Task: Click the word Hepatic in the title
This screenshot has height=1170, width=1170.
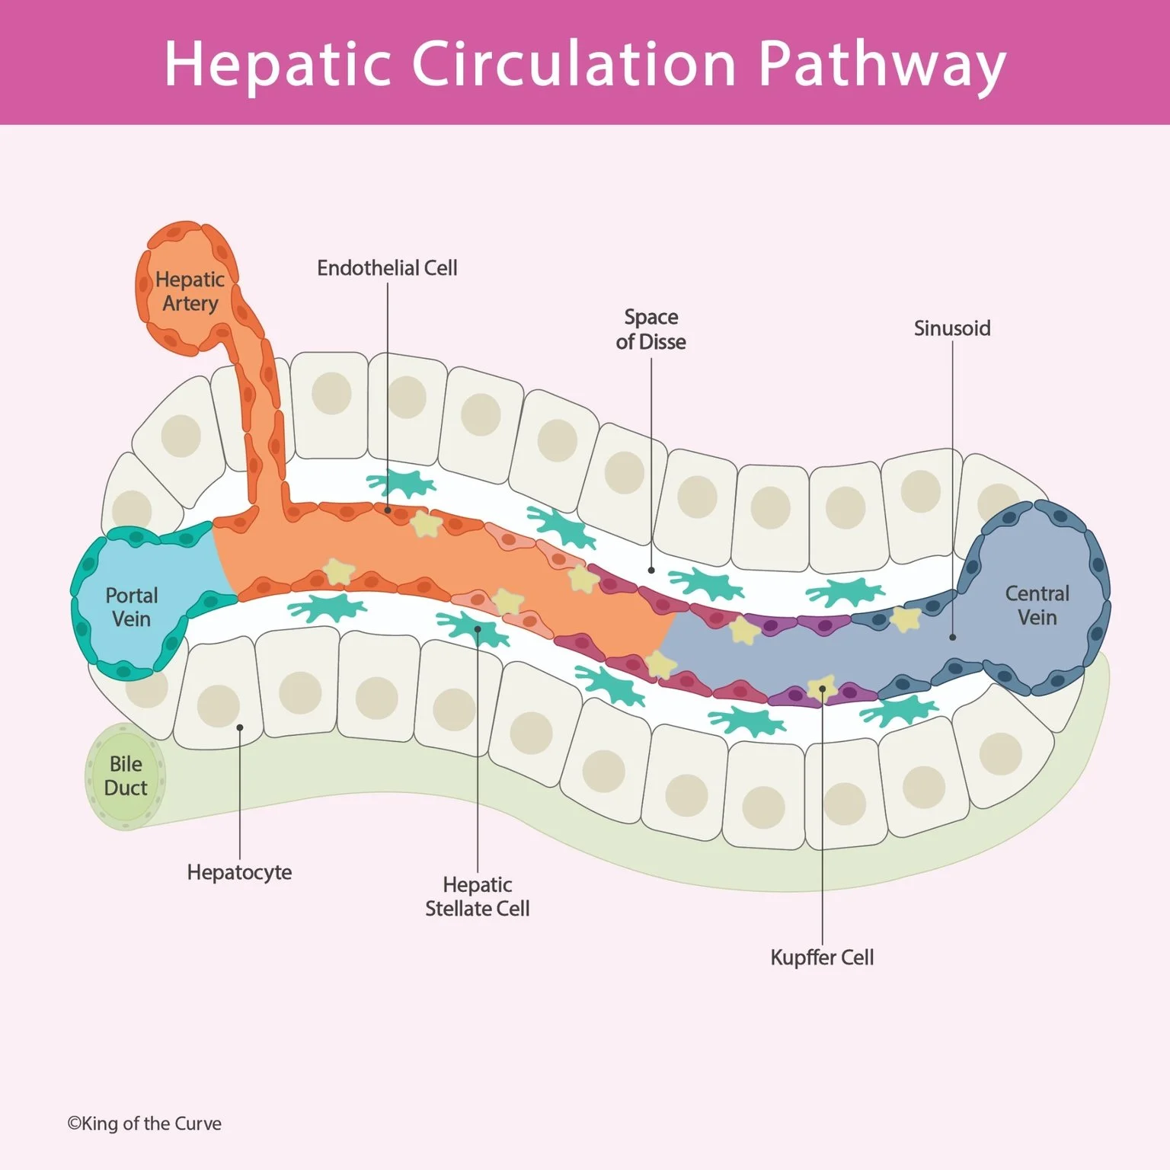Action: tap(277, 64)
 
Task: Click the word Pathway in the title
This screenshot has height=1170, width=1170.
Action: tap(881, 64)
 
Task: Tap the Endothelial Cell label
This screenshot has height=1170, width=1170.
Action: tap(387, 268)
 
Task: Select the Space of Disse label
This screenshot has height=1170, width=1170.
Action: tap(651, 329)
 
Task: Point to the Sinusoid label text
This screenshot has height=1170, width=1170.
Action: tap(952, 328)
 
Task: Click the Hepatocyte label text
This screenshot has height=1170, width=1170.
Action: tap(239, 872)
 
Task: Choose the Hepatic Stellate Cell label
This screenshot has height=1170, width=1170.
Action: tap(478, 897)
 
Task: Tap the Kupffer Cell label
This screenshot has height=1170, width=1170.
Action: tap(822, 957)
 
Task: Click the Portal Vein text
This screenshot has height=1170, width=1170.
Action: tap(132, 607)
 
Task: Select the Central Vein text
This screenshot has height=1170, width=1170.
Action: tap(1037, 606)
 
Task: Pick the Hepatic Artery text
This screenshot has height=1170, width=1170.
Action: tap(190, 292)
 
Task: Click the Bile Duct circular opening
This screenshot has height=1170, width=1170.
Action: tap(126, 776)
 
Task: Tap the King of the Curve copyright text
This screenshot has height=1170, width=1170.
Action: tap(145, 1124)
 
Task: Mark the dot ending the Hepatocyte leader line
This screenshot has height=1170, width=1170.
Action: tap(239, 727)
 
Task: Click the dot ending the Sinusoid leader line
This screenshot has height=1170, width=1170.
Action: tap(952, 637)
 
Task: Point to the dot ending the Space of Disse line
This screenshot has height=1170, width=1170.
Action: tap(651, 570)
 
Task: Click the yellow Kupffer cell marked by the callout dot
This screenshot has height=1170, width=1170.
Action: tap(822, 689)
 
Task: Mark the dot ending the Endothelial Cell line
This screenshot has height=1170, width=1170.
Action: tap(388, 510)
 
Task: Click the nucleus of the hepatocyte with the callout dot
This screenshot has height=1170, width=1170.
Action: tap(219, 705)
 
